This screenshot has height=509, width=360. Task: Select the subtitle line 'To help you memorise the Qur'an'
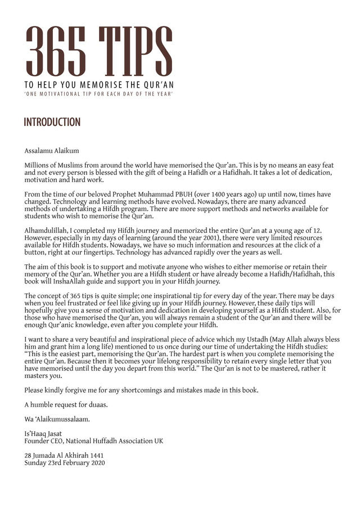tap(98, 84)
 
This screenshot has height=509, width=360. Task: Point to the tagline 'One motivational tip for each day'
tap(98, 93)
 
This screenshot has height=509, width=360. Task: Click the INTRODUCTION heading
tap(52, 122)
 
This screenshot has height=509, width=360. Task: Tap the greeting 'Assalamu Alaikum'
tap(51, 150)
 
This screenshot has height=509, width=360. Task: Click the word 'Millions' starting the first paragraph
tap(38, 165)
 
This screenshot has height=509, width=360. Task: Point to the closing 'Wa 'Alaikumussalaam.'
tap(57, 420)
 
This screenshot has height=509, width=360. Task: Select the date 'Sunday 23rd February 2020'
tap(64, 463)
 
